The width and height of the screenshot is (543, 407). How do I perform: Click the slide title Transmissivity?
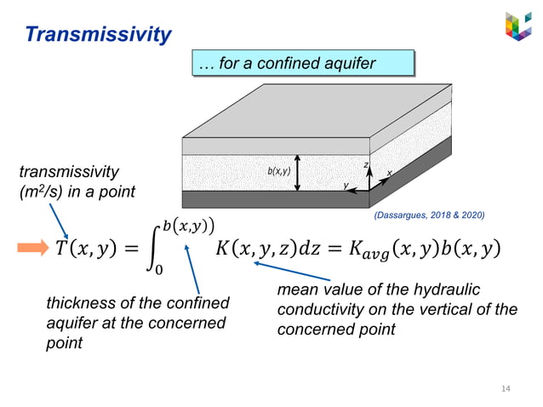[x=98, y=34]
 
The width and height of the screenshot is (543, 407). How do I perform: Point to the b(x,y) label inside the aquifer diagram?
[x=279, y=171]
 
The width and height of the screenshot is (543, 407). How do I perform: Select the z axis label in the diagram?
[x=366, y=163]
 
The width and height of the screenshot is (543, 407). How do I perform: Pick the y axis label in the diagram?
[x=346, y=184]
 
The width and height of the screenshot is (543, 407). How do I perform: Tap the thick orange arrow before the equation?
[x=33, y=248]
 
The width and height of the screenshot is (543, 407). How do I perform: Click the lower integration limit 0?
[x=159, y=271]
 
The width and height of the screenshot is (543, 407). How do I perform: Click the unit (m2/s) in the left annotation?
[x=42, y=192]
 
